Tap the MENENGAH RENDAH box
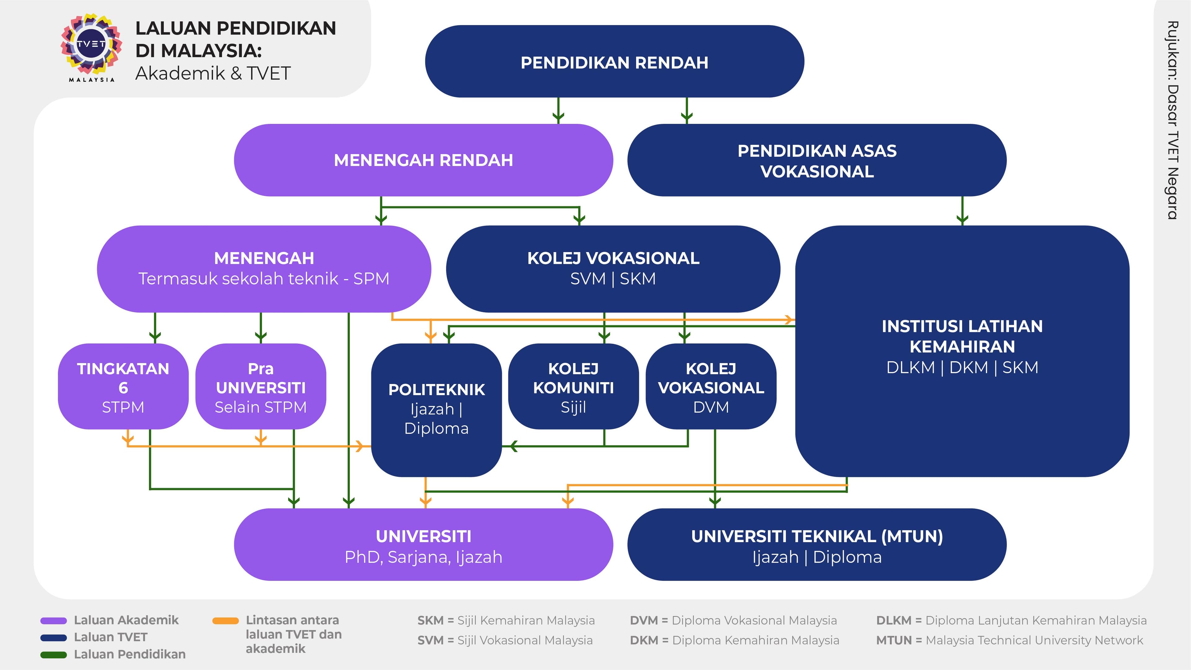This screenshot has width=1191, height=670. tap(423, 160)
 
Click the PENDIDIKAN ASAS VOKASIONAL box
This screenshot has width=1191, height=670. tap(817, 161)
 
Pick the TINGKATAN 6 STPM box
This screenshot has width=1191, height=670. tap(123, 387)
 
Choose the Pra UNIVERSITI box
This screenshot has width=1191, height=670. tap(261, 387)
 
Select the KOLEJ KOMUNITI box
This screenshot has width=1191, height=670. tap(573, 387)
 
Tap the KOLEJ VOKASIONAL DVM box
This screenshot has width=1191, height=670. tap(711, 387)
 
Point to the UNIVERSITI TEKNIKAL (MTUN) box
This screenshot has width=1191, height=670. tap(817, 545)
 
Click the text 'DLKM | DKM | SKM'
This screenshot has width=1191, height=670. tap(962, 367)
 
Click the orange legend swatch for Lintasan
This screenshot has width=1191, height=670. tap(225, 621)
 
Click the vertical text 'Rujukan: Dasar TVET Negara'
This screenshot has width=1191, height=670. tap(1172, 120)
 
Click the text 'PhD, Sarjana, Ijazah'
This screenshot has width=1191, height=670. tap(423, 557)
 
